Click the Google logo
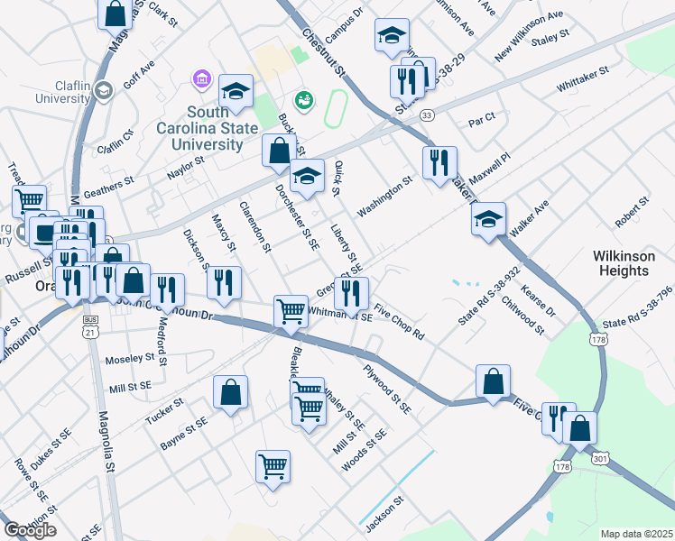[x=30, y=530]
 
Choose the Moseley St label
[x=131, y=358]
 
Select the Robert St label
[x=632, y=213]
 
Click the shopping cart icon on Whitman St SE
[x=291, y=311]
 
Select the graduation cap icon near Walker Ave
[x=488, y=218]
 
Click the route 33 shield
[x=427, y=115]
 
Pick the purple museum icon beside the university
[x=200, y=81]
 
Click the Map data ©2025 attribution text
[x=635, y=534]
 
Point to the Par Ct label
[x=483, y=118]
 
